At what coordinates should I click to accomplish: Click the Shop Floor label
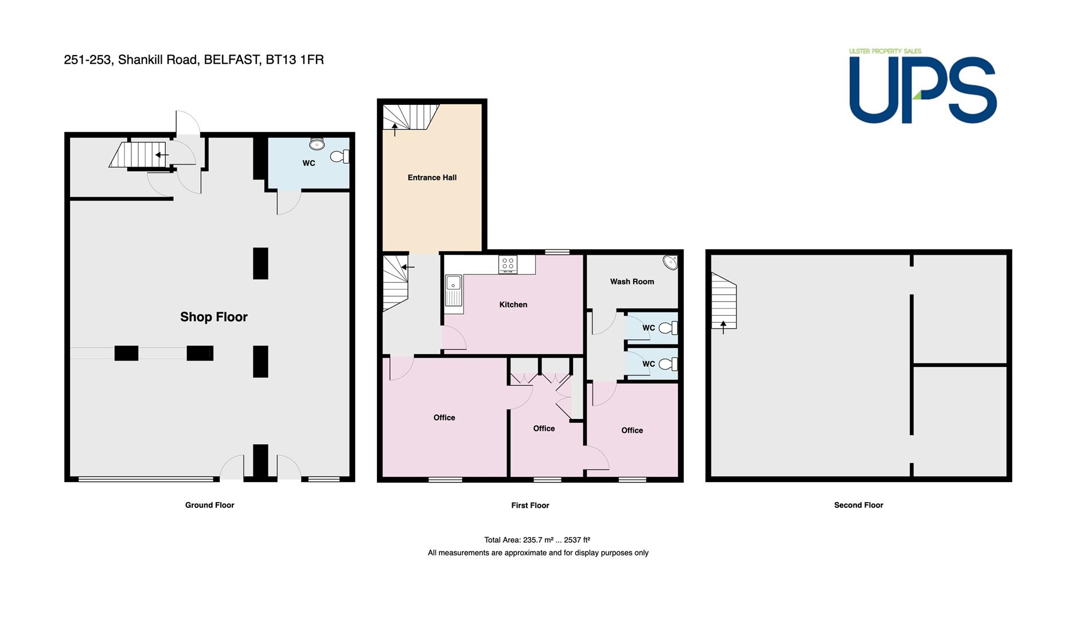pos(214,317)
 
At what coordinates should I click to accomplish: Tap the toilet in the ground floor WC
pos(340,156)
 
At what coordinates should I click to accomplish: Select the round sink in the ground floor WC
pos(317,143)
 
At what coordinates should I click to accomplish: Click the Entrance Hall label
pos(432,178)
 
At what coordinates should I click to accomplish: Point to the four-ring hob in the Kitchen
pos(508,264)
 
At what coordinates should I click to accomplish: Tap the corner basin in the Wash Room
pos(670,263)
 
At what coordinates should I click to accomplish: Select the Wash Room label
pos(632,281)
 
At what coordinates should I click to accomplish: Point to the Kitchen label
pos(513,304)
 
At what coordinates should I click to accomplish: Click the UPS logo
pos(923,87)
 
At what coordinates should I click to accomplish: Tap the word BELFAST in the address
pos(232,60)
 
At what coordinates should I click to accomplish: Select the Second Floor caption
pos(859,505)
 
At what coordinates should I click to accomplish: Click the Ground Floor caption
pos(209,505)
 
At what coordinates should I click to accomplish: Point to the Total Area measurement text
pos(537,540)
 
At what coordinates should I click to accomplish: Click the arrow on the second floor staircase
pos(723,327)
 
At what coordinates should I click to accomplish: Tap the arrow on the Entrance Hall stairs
pos(395,128)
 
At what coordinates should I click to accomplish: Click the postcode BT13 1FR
pos(295,60)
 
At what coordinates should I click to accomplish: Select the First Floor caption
pos(530,506)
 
